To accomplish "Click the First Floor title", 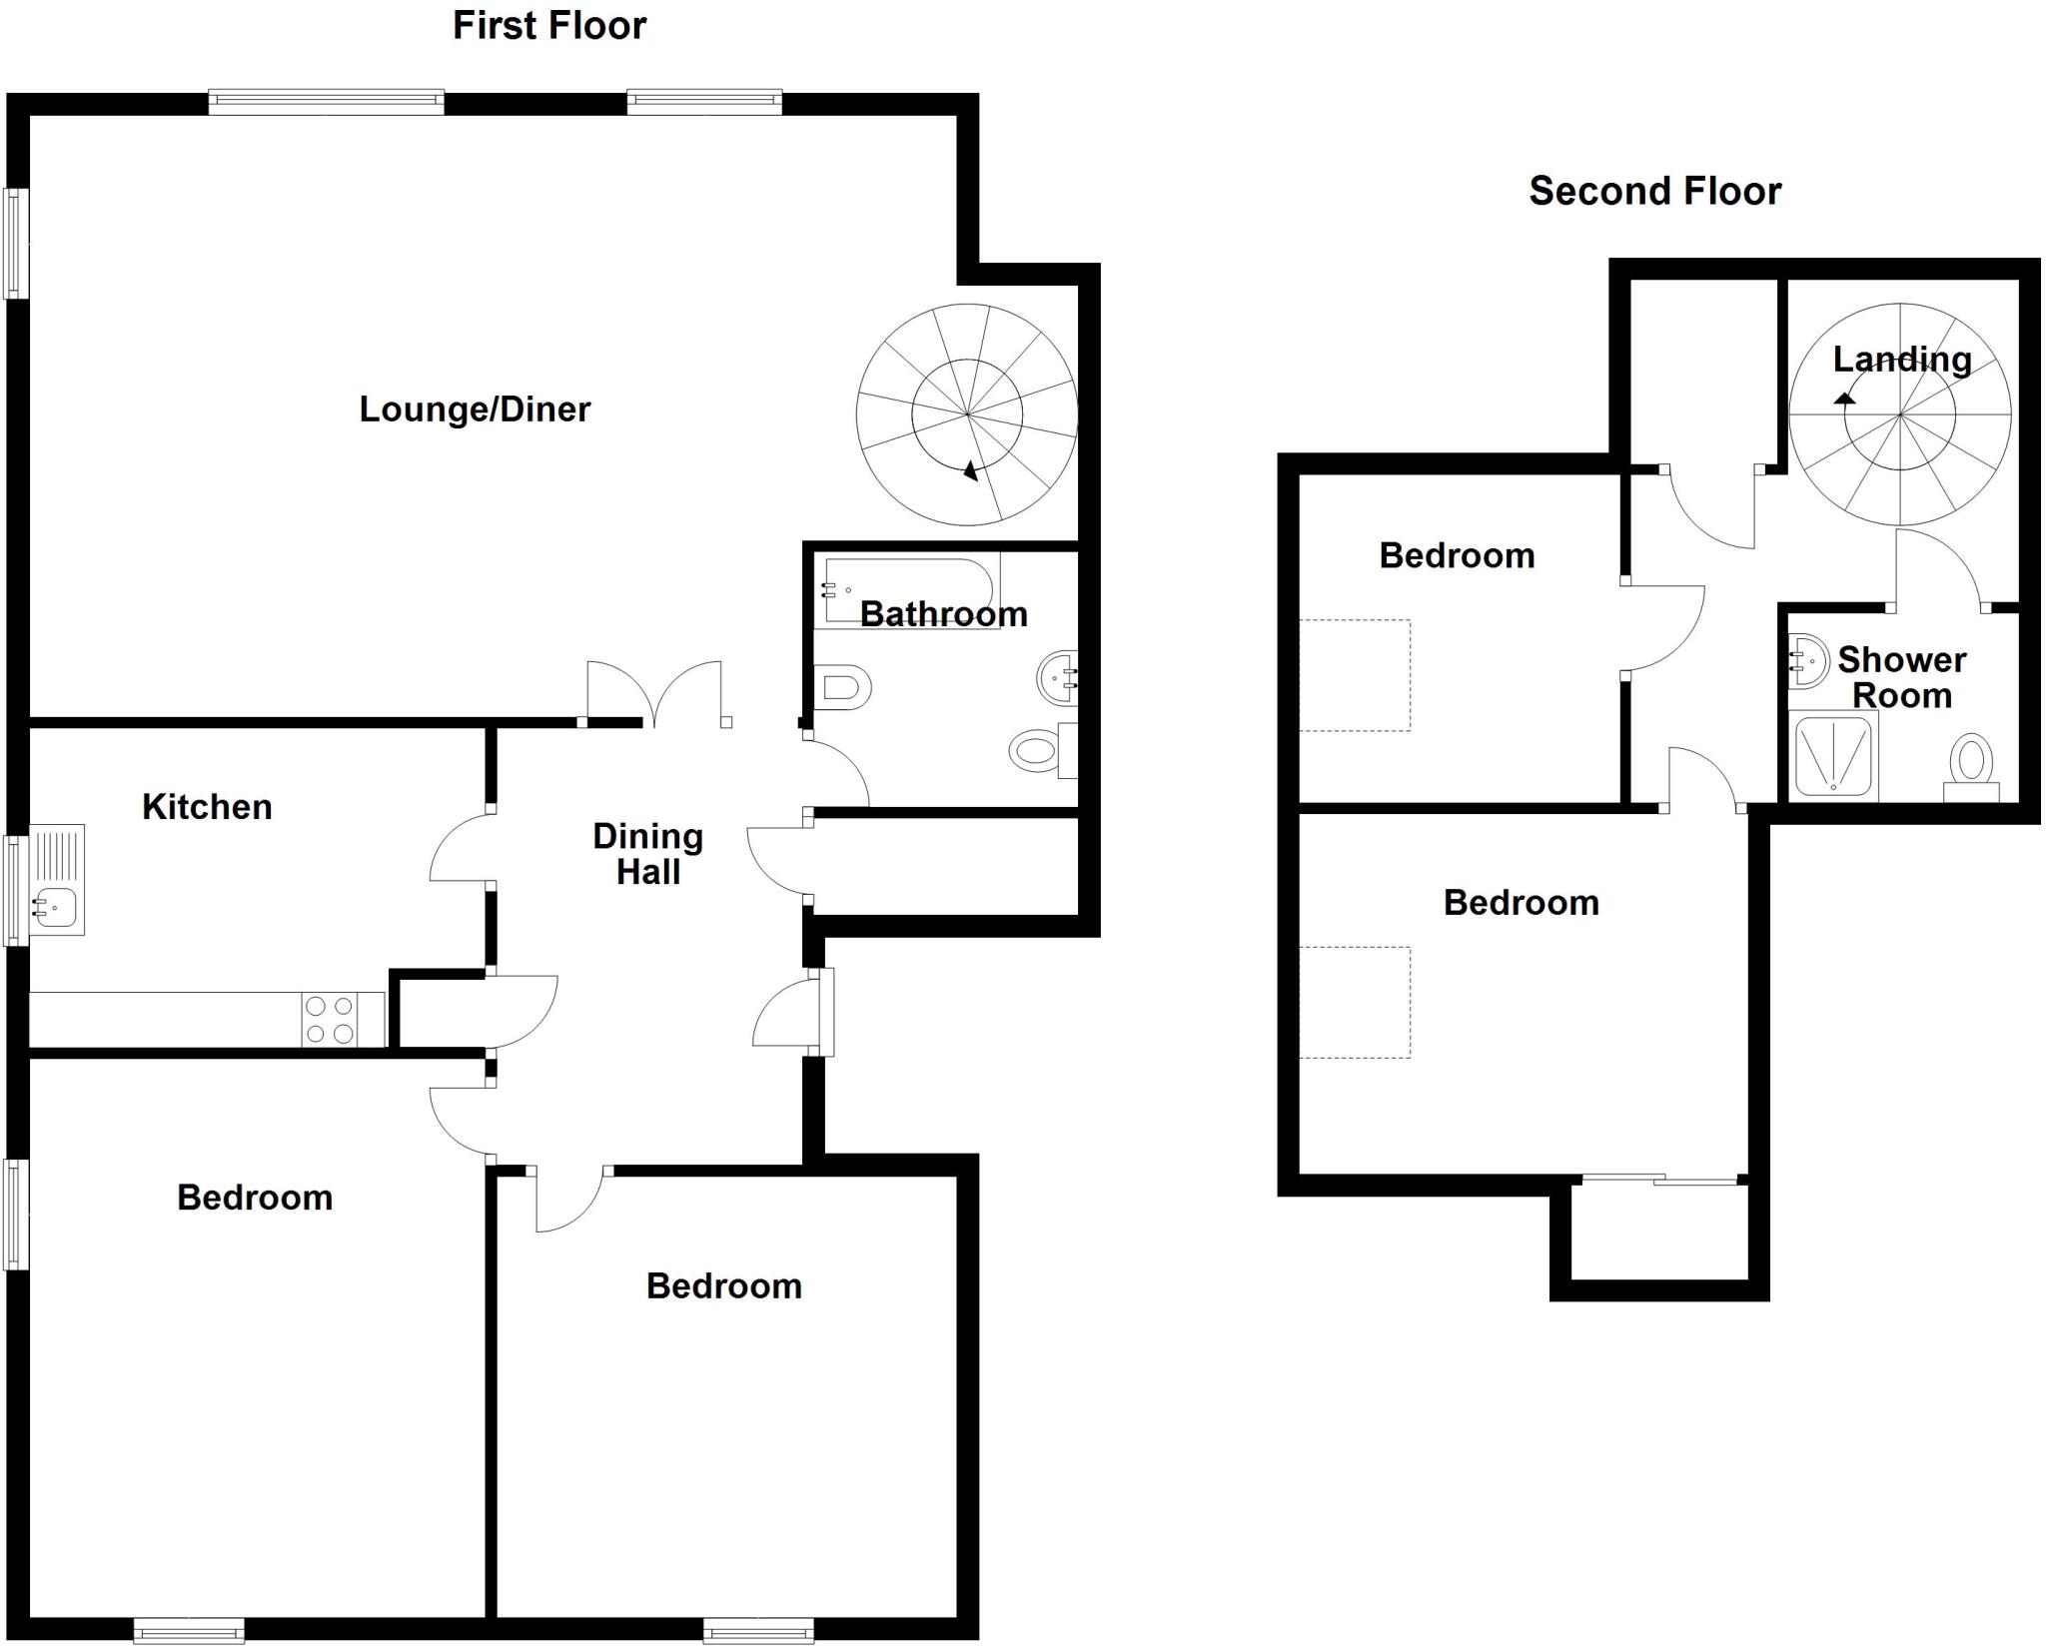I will [x=548, y=26].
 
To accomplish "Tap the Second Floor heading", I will [x=1654, y=191].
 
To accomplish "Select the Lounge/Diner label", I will [x=475, y=410].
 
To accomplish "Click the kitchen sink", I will [x=55, y=905].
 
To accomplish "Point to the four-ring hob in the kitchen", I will [x=329, y=1020].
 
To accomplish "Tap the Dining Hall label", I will [x=647, y=854].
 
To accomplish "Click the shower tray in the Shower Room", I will [x=1834, y=756].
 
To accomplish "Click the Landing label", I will [x=1901, y=360].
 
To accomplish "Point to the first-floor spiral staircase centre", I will [x=967, y=413].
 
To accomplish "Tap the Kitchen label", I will [x=207, y=807].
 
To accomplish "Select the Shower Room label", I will [x=1901, y=677].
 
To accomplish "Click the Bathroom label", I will [x=943, y=614].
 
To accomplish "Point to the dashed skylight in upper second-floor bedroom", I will [x=1355, y=675].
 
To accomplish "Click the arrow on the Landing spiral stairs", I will [x=1844, y=398].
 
